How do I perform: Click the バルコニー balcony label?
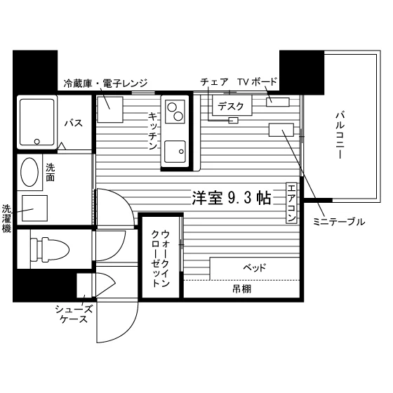pyautogui.click(x=339, y=135)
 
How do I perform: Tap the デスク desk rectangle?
pyautogui.click(x=232, y=105)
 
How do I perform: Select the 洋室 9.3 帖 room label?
pyautogui.click(x=232, y=198)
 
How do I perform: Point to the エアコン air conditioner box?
pyautogui.click(x=291, y=203)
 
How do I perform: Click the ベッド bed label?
pyautogui.click(x=254, y=268)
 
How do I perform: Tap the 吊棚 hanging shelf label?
pyautogui.click(x=241, y=289)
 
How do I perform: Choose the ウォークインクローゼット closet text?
pyautogui.click(x=161, y=258)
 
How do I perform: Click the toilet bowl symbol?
pyautogui.click(x=50, y=249)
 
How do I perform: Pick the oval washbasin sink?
pyautogui.click(x=29, y=172)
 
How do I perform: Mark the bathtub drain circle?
pyautogui.click(x=36, y=142)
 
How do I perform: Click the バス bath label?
pyautogui.click(x=74, y=123)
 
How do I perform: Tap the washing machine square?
pyautogui.click(x=34, y=208)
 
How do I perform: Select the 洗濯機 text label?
pyautogui.click(x=6, y=218)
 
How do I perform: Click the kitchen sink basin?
pyautogui.click(x=175, y=152)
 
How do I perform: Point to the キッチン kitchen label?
pyautogui.click(x=153, y=131)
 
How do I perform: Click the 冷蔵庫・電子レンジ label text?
pyautogui.click(x=105, y=84)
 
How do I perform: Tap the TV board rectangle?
pyautogui.click(x=278, y=102)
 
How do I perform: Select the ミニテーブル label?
pyautogui.click(x=339, y=222)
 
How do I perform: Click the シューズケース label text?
pyautogui.click(x=74, y=314)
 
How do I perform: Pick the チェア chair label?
pyautogui.click(x=214, y=82)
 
